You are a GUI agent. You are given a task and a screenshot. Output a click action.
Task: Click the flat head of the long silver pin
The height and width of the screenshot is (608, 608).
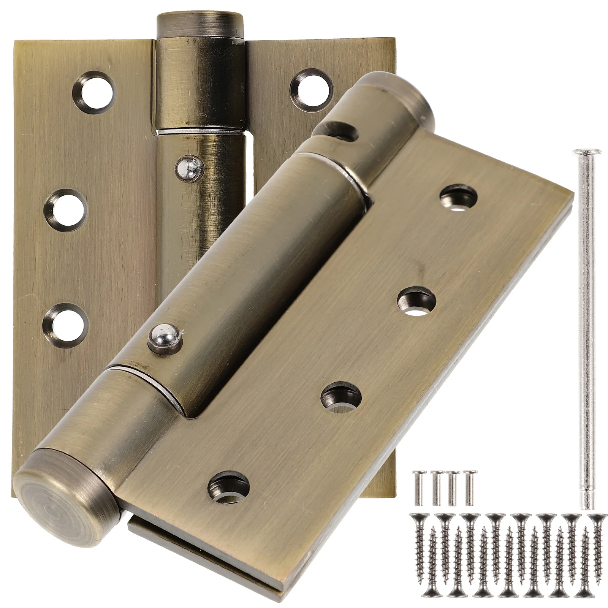(x=586, y=153)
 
